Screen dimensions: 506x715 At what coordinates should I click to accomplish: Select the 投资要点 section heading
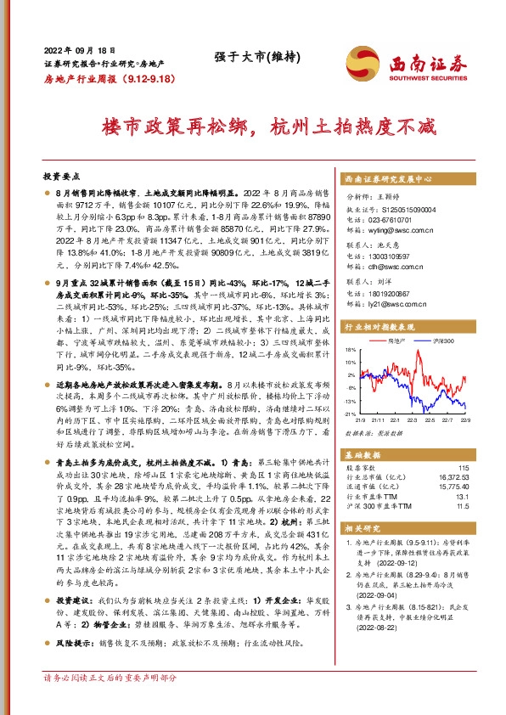click(x=61, y=176)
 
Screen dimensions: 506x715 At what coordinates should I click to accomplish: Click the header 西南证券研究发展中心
click(x=389, y=181)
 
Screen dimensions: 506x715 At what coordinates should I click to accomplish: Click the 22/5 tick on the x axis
click(x=415, y=419)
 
